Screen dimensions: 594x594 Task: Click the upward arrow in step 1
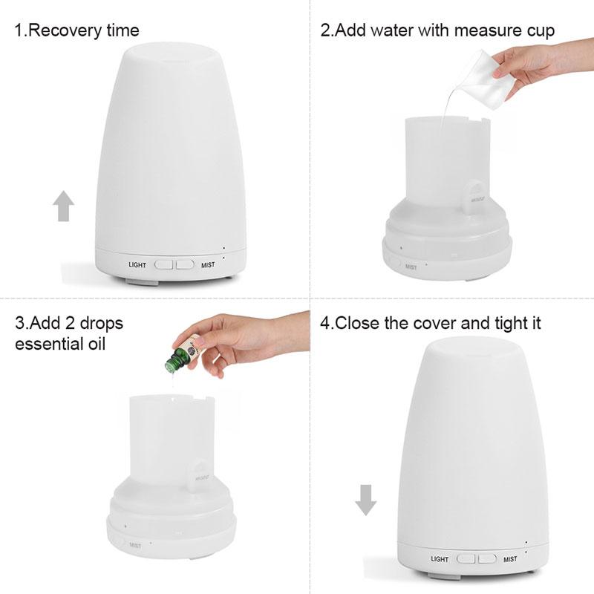click(x=65, y=206)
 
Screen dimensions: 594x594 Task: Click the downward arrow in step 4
click(x=365, y=500)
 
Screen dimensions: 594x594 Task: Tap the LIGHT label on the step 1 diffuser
click(x=137, y=264)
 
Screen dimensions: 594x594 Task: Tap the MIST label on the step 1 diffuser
click(x=208, y=264)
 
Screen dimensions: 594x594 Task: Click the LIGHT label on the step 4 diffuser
click(x=440, y=559)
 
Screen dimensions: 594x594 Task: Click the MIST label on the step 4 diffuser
click(x=510, y=559)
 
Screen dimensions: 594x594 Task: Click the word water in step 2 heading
click(x=392, y=31)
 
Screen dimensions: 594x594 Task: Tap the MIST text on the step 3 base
click(x=135, y=546)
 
